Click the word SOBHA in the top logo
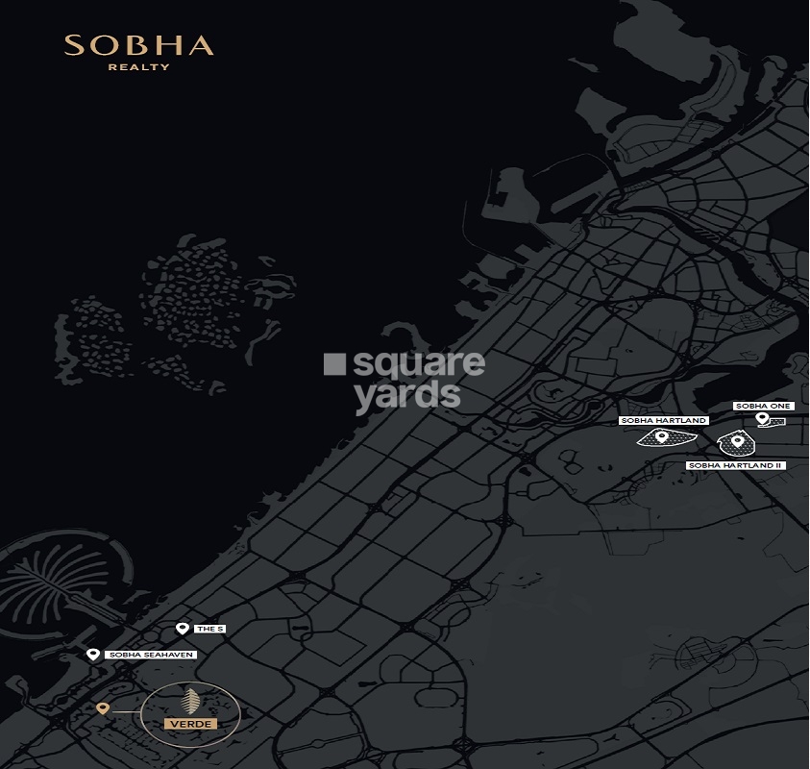click(138, 45)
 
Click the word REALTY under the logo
click(138, 67)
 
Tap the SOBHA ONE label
click(763, 407)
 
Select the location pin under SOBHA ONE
click(762, 419)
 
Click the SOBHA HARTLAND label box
click(664, 421)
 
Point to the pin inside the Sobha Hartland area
click(662, 437)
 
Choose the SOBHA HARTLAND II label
click(736, 465)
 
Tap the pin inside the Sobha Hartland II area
click(737, 442)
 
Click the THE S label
click(209, 629)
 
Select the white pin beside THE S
click(183, 629)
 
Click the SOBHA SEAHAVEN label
click(152, 655)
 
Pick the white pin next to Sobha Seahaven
click(92, 655)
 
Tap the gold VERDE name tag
click(190, 723)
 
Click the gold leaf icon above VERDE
click(190, 701)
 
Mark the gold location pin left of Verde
click(103, 708)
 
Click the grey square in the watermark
click(334, 364)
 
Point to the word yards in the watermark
click(407, 393)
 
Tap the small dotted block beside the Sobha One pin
click(778, 422)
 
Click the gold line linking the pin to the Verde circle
click(126, 709)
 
